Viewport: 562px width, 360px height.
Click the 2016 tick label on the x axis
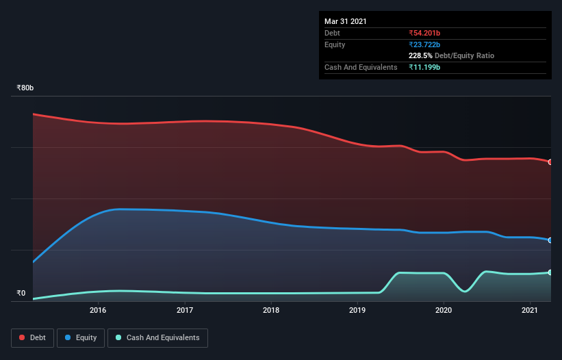98,311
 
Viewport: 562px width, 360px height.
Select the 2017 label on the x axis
185,311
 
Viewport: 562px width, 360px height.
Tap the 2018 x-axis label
271,311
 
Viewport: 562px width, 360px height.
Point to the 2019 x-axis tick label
357,311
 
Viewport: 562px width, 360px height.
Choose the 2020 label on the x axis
444,311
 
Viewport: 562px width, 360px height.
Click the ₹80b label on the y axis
25,88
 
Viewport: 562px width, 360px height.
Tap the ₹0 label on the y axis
21,294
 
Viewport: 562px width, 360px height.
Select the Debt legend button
31,337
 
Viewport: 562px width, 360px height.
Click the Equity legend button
81,337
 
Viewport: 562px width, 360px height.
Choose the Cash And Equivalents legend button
157,337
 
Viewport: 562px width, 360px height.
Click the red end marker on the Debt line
550,162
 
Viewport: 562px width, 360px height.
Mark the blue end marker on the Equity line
550,240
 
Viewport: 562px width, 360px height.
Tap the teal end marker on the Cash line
550,272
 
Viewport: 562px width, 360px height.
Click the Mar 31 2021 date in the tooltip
346,21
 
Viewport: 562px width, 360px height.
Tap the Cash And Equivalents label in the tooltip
361,67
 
